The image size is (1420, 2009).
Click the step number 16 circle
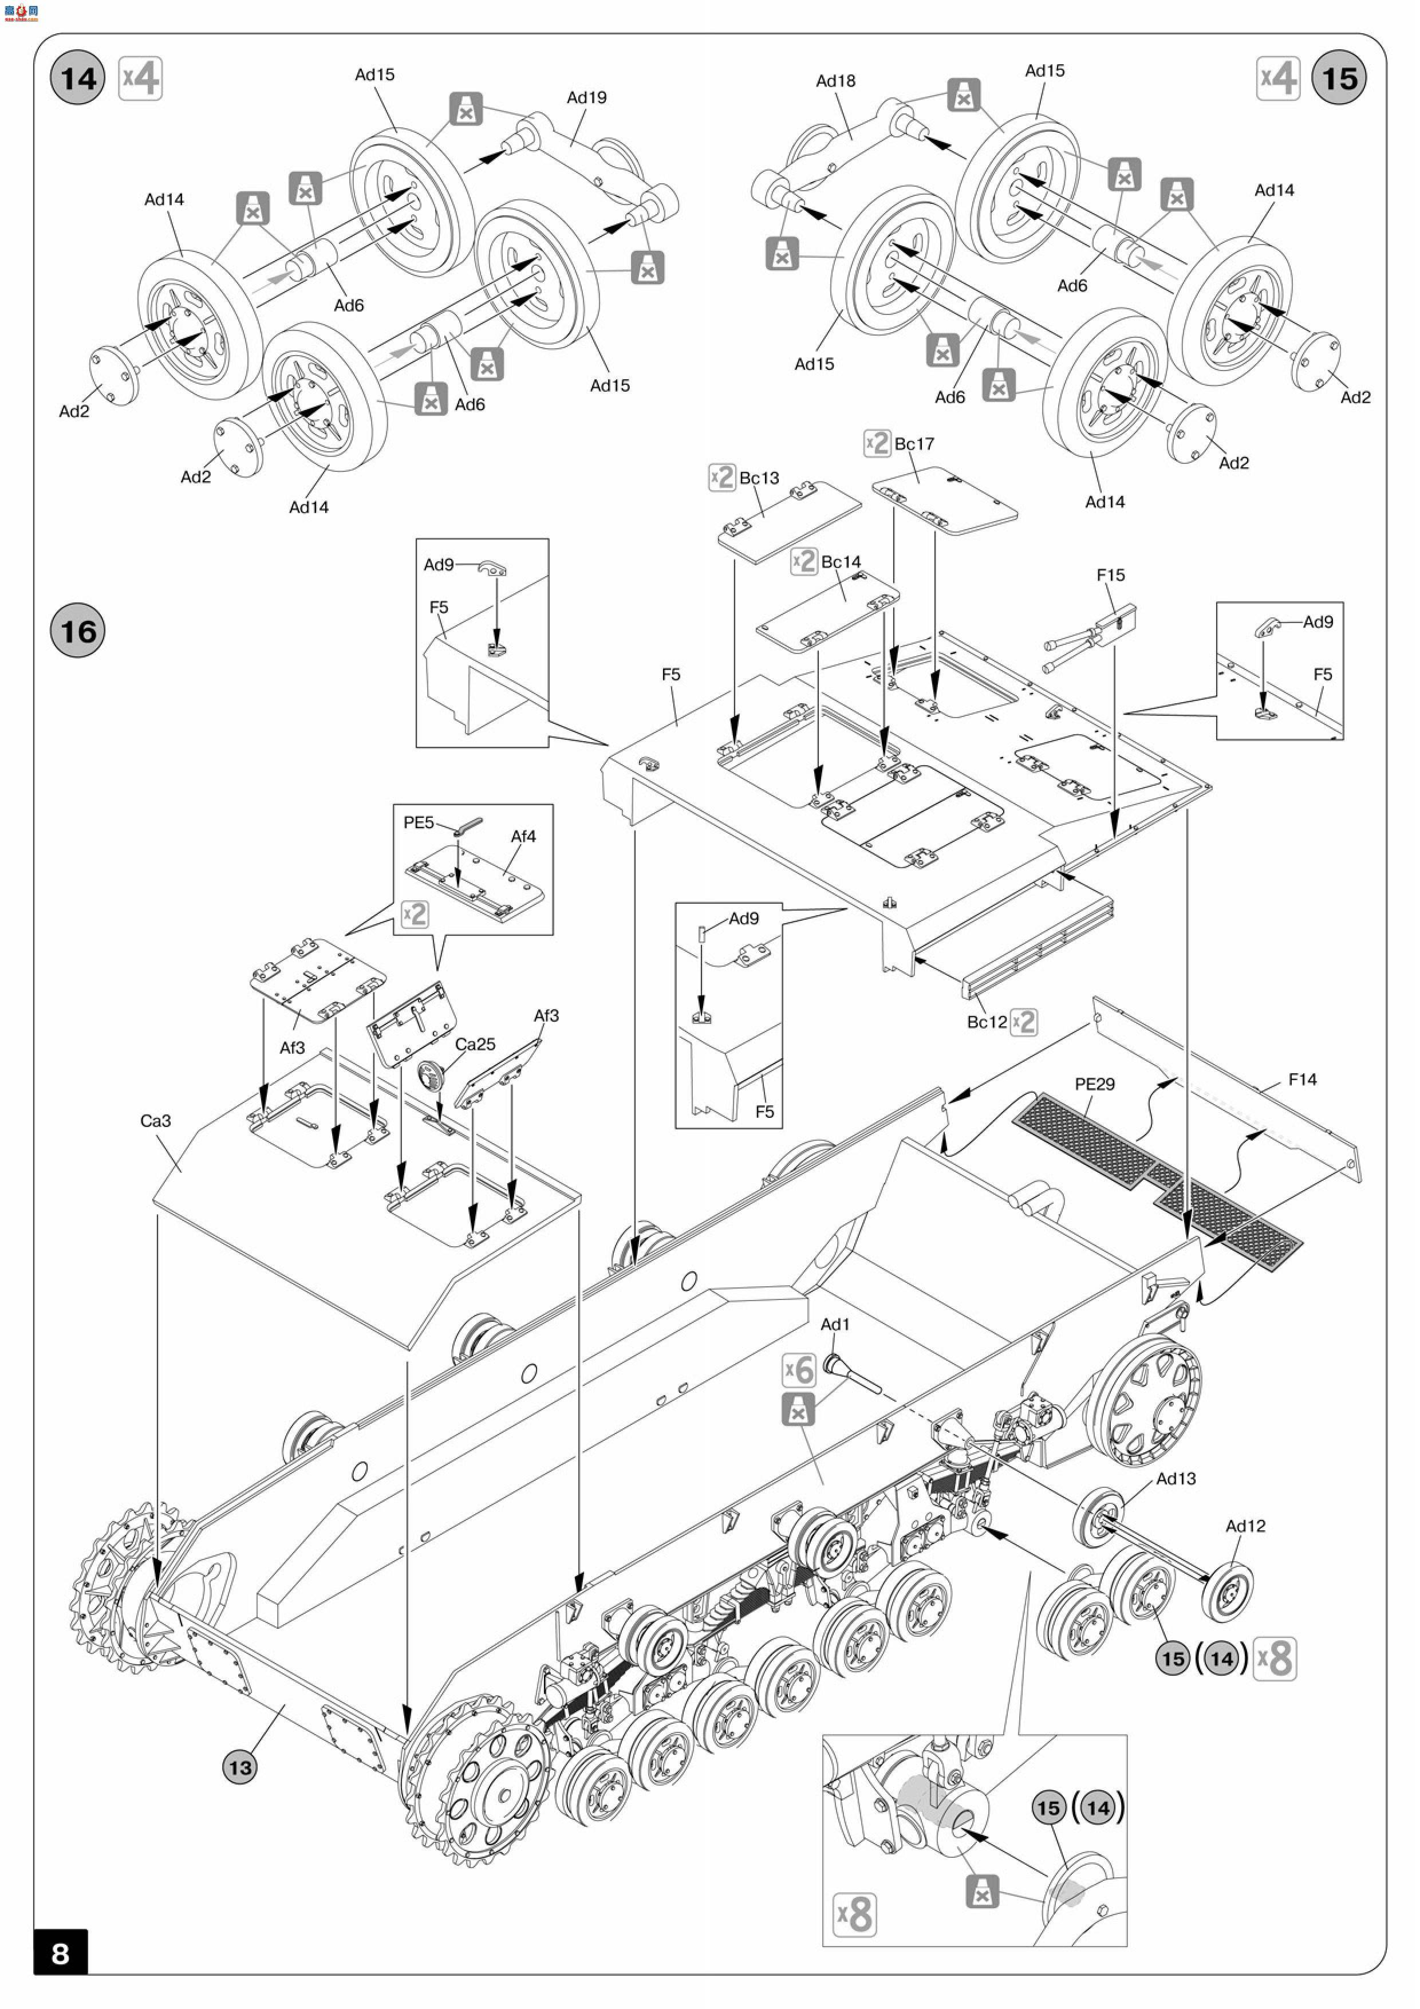click(x=78, y=631)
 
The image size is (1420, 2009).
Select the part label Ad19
click(x=586, y=97)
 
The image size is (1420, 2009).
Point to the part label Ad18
click(x=835, y=81)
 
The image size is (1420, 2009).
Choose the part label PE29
click(x=1095, y=1084)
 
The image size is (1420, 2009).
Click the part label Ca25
click(x=475, y=1044)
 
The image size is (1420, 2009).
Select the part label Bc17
click(x=914, y=444)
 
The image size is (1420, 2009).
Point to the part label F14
click(x=1302, y=1080)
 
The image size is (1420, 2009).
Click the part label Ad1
click(x=835, y=1324)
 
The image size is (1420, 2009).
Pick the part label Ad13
click(x=1176, y=1478)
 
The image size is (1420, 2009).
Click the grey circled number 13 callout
click(x=240, y=1767)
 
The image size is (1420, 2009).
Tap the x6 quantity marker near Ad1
click(x=799, y=1369)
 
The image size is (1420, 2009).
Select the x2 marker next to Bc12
click(x=1024, y=1022)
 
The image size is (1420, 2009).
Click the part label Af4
click(x=523, y=837)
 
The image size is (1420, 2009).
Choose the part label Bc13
click(x=759, y=478)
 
